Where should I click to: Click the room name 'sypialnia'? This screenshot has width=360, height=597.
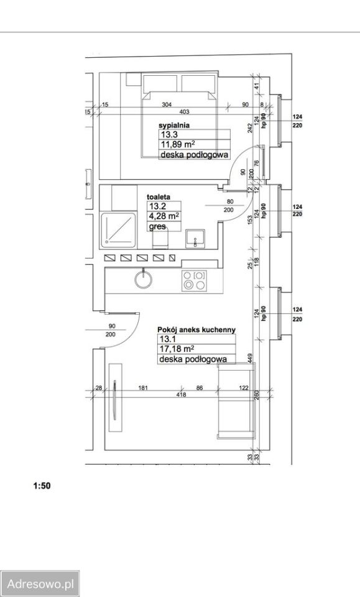pos(174,125)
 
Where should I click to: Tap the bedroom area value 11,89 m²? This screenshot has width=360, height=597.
pos(178,144)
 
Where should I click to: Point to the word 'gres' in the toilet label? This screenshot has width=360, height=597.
pos(157,226)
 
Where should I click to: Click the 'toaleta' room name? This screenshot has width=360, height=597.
pos(159,197)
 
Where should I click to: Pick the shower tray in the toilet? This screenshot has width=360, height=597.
pos(118,230)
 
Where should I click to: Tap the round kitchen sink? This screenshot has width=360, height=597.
pos(144,279)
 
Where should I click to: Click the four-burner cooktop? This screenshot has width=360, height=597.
pos(194,280)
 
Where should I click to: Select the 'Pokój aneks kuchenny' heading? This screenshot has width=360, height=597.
pos(196,330)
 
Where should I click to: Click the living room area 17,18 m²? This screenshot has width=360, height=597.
pos(177,349)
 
